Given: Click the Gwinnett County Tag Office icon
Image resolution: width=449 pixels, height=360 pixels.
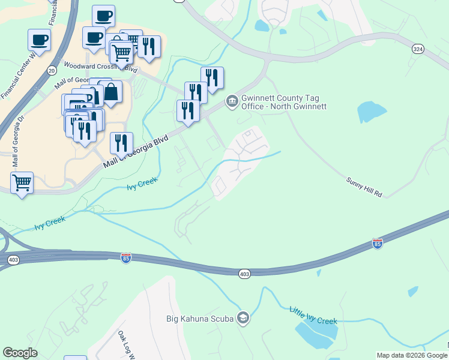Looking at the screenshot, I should [x=232, y=101].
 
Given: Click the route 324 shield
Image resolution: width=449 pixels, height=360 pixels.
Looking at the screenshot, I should [x=418, y=49].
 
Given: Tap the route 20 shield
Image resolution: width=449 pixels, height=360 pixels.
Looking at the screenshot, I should [x=50, y=71].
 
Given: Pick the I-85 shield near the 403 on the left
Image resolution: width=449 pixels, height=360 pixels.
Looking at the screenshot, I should [x=126, y=258].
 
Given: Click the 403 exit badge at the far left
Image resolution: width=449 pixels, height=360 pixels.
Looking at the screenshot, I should [x=13, y=260].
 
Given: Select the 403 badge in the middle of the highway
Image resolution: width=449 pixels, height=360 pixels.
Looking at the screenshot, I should [x=244, y=274].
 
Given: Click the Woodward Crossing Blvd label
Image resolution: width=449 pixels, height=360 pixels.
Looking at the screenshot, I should [x=100, y=68].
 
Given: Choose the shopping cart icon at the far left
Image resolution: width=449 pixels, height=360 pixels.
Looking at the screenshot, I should [x=22, y=182].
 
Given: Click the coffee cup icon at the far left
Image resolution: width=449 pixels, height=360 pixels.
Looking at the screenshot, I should [x=40, y=40].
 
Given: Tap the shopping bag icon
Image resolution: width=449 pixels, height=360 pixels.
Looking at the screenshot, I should [x=111, y=92].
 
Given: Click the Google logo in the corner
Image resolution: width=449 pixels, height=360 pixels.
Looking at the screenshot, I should [x=20, y=353].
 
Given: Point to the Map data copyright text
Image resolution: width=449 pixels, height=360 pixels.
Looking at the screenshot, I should [x=412, y=355].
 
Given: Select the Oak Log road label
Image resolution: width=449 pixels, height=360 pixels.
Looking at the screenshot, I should [x=125, y=344].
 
